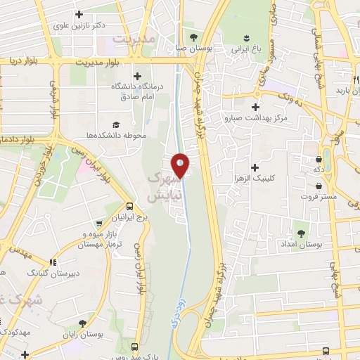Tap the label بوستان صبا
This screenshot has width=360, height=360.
(x=191, y=49)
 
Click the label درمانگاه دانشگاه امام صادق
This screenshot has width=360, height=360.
(x=136, y=91)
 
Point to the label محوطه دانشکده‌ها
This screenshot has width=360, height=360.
(x=120, y=135)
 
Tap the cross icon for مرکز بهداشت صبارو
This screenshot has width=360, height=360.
(x=255, y=106)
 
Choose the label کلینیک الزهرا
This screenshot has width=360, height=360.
(x=255, y=179)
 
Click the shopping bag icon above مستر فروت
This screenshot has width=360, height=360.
(x=319, y=186)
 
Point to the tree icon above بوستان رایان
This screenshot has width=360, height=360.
(x=83, y=323)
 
